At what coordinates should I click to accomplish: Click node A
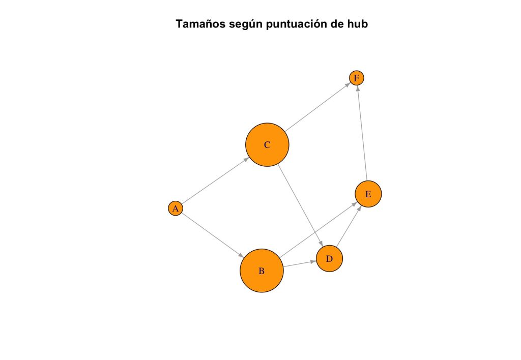(175, 208)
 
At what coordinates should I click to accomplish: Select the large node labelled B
(262, 271)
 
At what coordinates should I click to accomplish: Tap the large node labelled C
(267, 145)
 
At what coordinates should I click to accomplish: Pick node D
(330, 259)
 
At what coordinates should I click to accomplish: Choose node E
(368, 194)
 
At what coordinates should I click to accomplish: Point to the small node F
(357, 78)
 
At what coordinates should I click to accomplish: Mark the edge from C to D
(301, 206)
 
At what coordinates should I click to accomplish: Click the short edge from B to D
(299, 264)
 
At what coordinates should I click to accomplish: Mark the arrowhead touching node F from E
(358, 88)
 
